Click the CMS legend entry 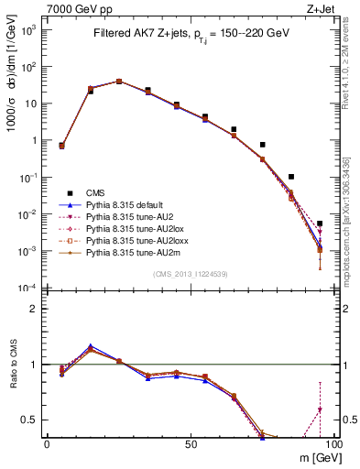pos(96,192)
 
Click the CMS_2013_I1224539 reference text pos(189,275)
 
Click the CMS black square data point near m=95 pos(320,224)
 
